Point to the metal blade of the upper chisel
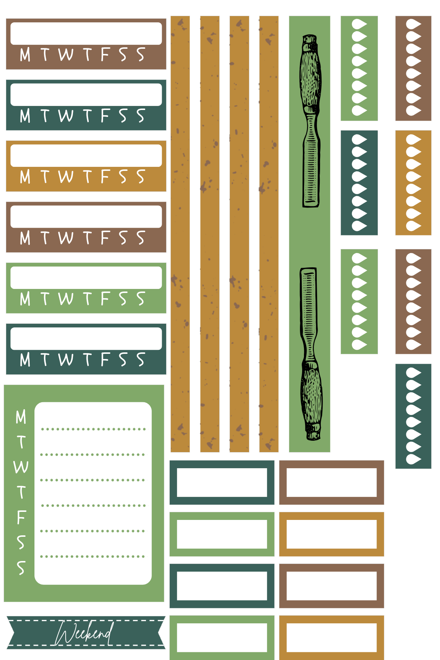pyautogui.click(x=311, y=172)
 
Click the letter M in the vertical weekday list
pyautogui.click(x=21, y=417)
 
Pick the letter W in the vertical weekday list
pyautogui.click(x=21, y=467)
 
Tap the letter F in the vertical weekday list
pyautogui.click(x=21, y=517)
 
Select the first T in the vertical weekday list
pyautogui.click(x=21, y=442)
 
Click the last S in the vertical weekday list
pyautogui.click(x=21, y=568)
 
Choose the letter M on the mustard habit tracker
pyautogui.click(x=25, y=177)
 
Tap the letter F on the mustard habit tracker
pyautogui.click(x=105, y=177)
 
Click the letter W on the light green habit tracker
pyautogui.click(x=66, y=299)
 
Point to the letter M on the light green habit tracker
pyautogui.click(x=25, y=299)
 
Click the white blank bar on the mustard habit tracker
pyautogui.click(x=86, y=155)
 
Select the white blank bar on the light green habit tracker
pyautogui.click(x=86, y=278)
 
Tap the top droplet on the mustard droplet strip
pyautogui.click(x=413, y=140)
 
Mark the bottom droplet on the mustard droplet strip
pyautogui.click(x=413, y=226)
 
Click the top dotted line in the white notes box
pyautogui.click(x=93, y=429)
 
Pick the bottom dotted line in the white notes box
pyautogui.click(x=92, y=557)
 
